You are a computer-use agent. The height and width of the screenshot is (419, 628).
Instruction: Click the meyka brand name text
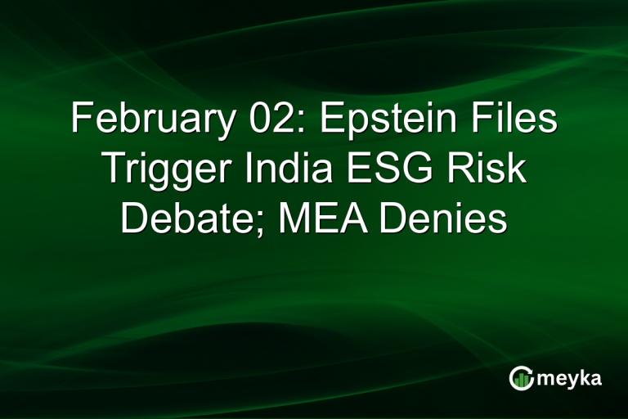[567, 378]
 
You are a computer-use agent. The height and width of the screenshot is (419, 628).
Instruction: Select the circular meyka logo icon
[521, 378]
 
